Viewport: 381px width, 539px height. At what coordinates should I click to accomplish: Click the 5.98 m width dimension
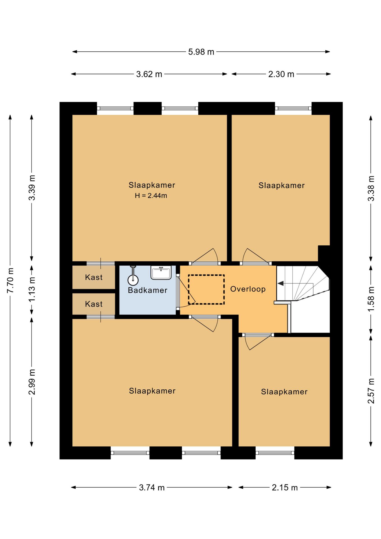tap(201, 52)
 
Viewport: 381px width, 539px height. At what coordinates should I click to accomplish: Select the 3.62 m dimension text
tap(149, 74)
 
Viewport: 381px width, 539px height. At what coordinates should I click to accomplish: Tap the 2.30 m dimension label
tap(281, 74)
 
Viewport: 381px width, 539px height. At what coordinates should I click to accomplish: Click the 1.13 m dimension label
tap(32, 289)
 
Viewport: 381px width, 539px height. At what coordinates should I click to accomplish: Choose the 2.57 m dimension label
tap(371, 391)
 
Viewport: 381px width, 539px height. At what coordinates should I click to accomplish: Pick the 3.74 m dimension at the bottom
tap(152, 488)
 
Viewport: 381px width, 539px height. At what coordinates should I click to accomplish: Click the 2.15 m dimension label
tap(284, 488)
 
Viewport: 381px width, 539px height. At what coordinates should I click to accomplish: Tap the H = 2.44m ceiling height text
tap(151, 196)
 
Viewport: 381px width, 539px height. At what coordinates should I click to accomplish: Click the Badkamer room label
tap(148, 290)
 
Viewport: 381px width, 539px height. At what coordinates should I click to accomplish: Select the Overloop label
tap(248, 289)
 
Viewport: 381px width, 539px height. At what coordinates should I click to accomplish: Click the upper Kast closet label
tap(94, 277)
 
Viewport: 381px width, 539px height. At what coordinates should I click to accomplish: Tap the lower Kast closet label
tap(94, 304)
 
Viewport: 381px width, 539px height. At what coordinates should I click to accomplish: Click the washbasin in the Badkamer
tap(161, 273)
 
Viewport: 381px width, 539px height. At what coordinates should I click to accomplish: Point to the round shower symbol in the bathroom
tap(133, 280)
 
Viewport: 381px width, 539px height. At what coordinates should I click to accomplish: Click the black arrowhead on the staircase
tap(281, 284)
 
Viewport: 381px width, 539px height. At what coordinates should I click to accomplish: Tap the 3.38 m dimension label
tap(371, 188)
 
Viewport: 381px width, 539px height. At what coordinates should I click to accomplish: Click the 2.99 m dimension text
tap(32, 382)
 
